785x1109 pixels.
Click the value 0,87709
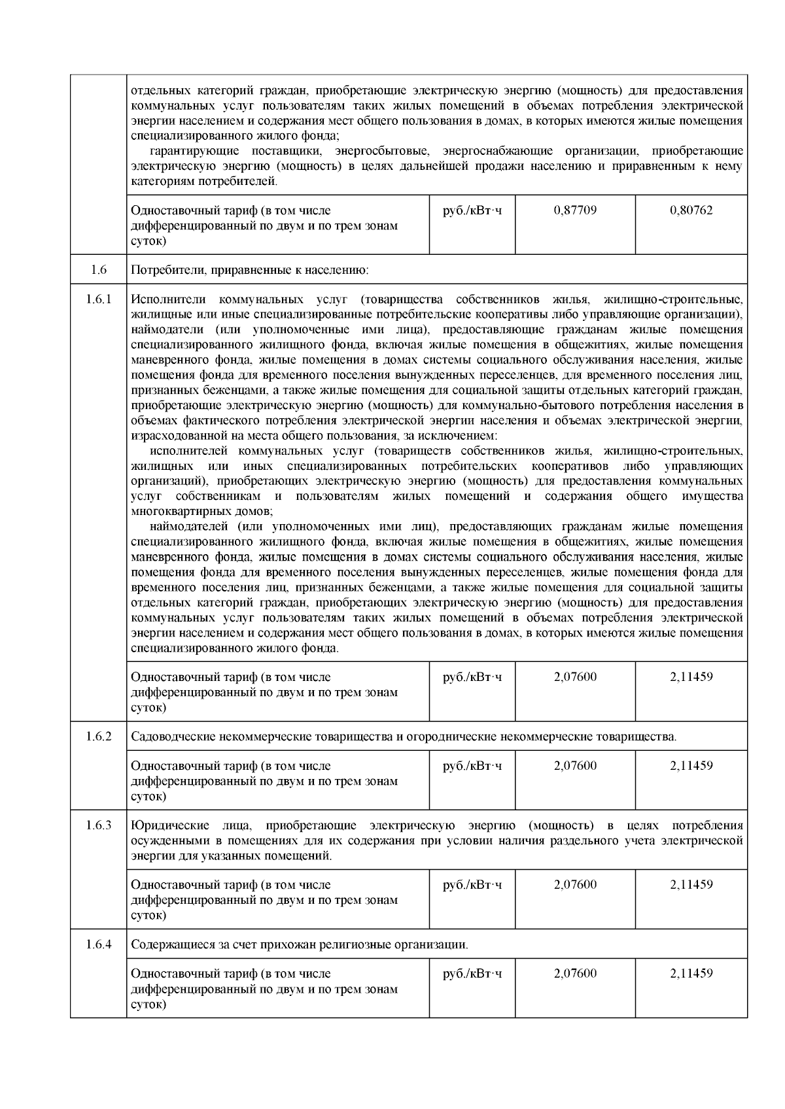[574, 210]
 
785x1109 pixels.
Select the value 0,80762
[691, 210]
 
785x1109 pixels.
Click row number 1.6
[98, 269]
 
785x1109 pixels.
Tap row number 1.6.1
[98, 299]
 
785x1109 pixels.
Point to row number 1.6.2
[98, 737]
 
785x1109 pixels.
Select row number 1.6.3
[98, 825]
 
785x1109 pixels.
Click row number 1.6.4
[98, 944]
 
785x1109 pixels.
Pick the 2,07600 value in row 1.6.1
[574, 677]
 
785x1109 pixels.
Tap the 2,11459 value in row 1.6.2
[691, 766]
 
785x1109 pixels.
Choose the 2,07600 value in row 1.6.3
[574, 885]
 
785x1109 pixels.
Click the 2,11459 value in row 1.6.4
[691, 973]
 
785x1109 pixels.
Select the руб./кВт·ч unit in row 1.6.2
[472, 766]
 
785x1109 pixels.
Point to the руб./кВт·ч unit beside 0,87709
[472, 210]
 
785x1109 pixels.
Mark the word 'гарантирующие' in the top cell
[190, 151]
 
